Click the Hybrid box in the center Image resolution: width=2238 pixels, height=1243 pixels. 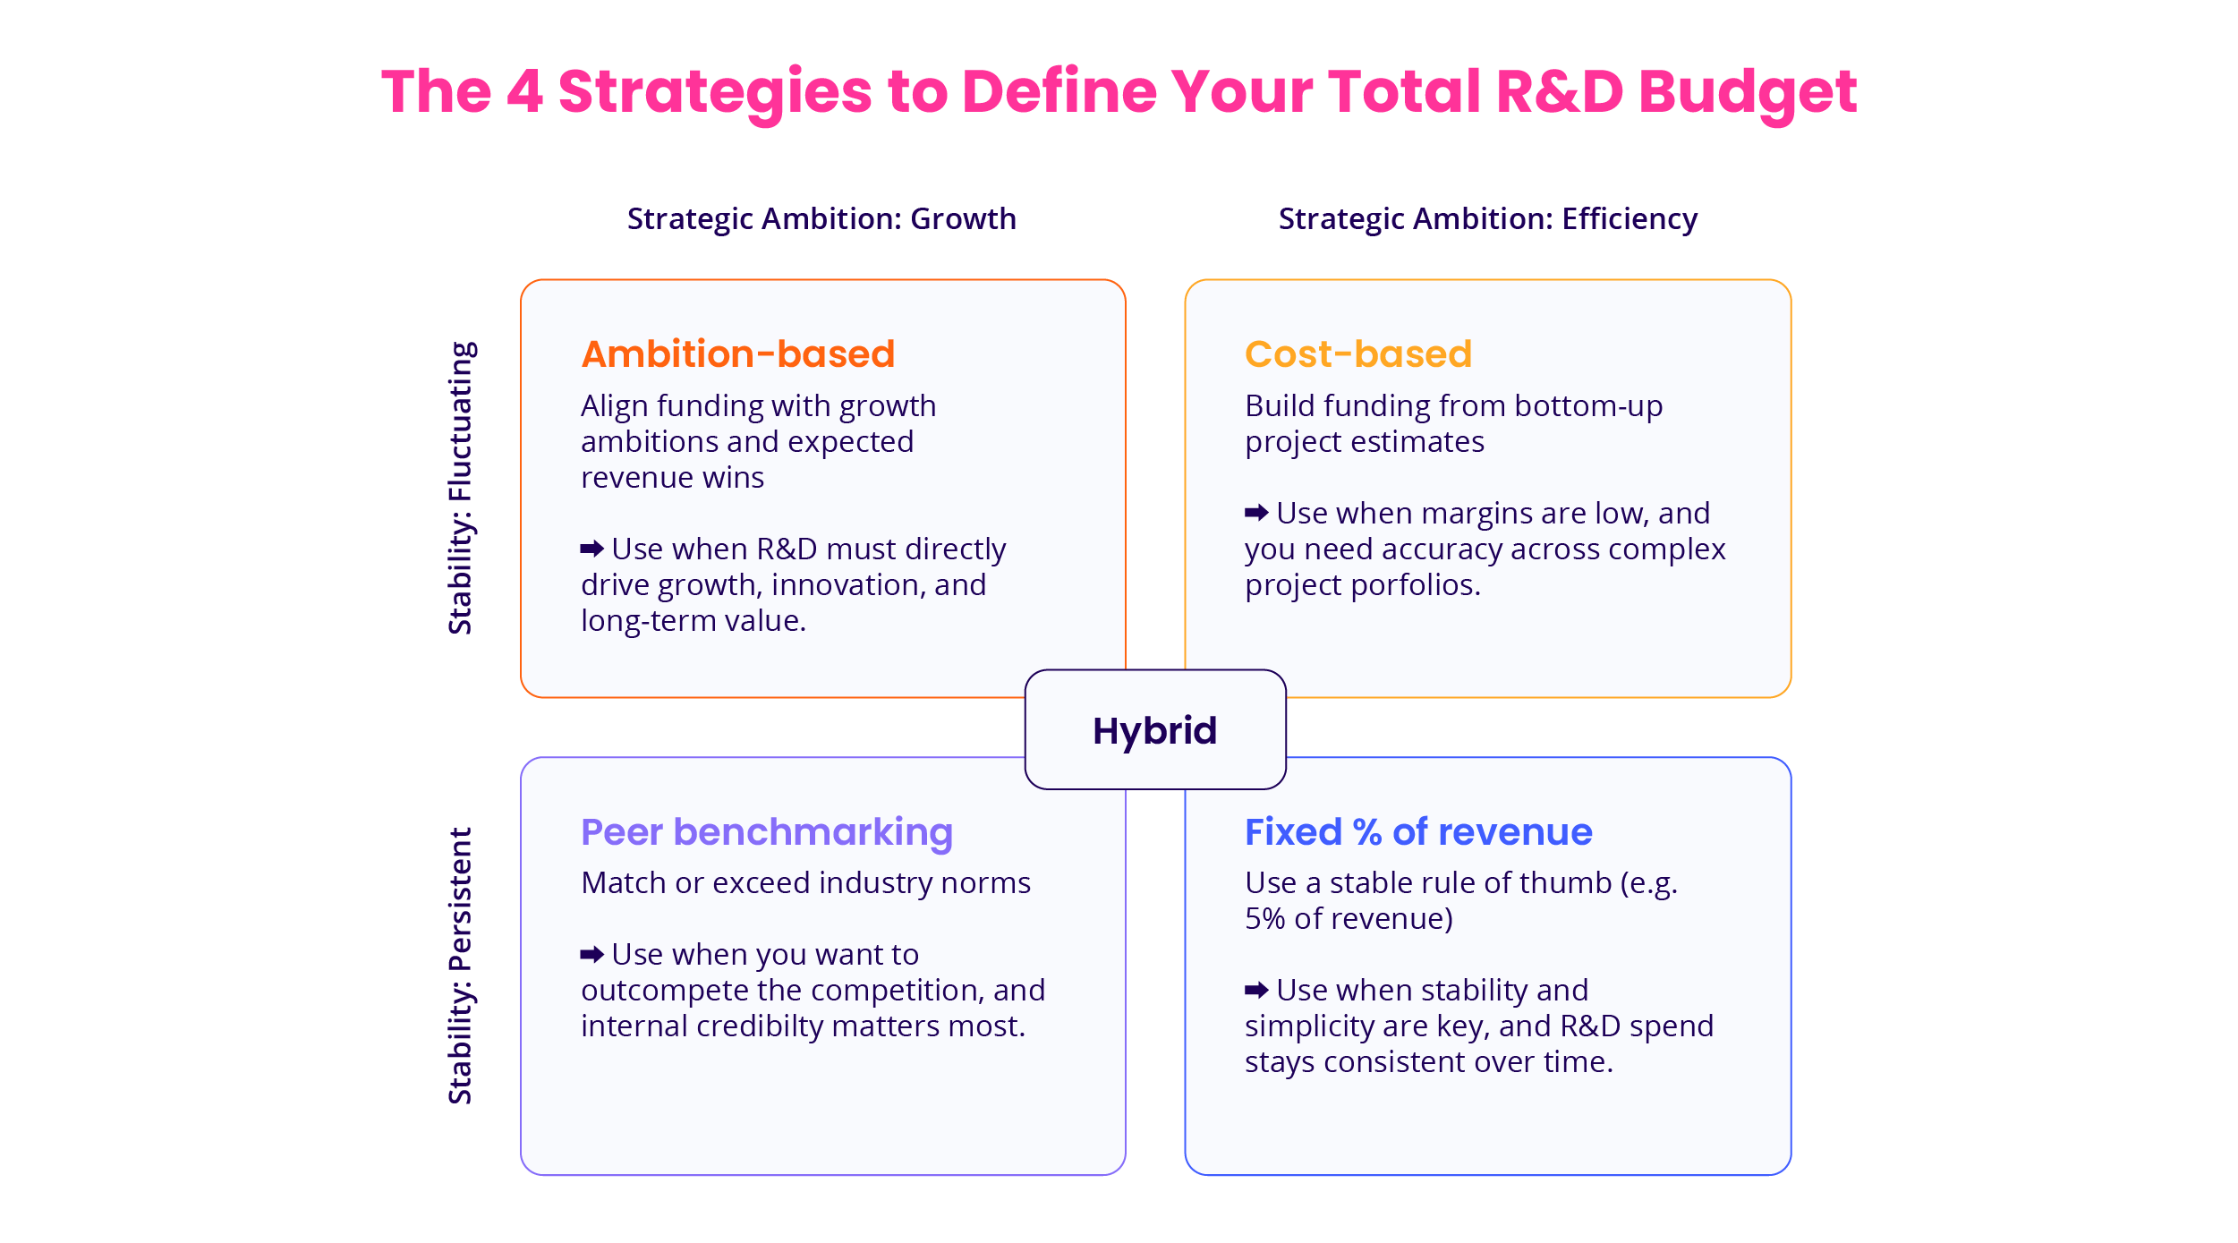click(1155, 729)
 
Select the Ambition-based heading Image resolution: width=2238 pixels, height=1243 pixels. click(738, 354)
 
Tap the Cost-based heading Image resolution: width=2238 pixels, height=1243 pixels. click(1358, 354)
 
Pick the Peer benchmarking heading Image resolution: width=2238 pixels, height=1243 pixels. click(767, 833)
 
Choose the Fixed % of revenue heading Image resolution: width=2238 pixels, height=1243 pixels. click(1418, 832)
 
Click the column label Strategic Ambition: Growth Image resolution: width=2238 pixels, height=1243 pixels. click(821, 219)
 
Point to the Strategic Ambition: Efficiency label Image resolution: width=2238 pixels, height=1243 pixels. click(1488, 219)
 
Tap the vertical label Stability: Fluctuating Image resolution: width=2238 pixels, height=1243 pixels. click(461, 488)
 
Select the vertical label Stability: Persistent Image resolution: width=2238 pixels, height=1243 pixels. click(461, 966)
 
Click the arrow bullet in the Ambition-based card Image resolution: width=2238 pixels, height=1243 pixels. click(592, 548)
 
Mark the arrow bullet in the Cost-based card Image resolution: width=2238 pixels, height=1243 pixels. click(1256, 513)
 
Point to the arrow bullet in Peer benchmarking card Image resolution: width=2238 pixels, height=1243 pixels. click(592, 954)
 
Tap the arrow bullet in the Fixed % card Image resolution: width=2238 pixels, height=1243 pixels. click(1256, 990)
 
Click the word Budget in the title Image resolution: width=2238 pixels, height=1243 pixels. click(1748, 93)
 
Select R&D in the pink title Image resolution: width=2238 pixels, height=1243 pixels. click(1559, 91)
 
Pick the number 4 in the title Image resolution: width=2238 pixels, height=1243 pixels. click(524, 91)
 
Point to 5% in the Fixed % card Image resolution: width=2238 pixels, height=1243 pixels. click(1264, 919)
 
